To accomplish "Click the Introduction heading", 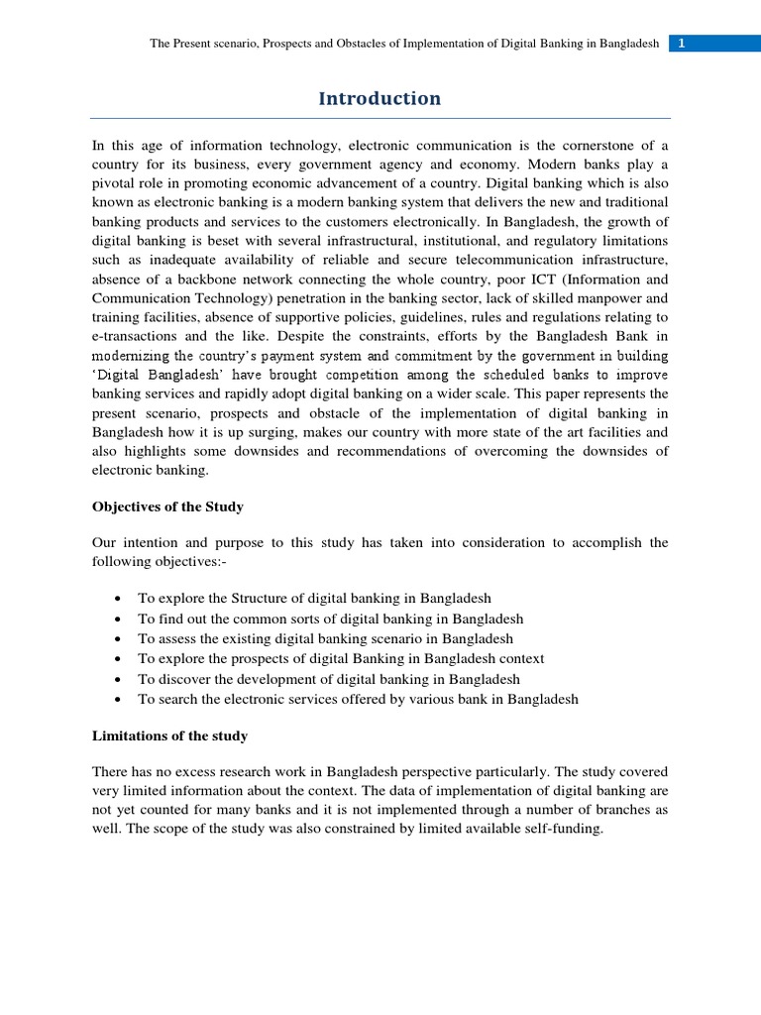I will [380, 98].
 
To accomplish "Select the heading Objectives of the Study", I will [167, 507].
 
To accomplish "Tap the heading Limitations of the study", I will [169, 735].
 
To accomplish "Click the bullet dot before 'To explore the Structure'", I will [118, 599].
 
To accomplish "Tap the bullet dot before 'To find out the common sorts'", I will [118, 619].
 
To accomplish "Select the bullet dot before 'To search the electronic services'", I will [118, 699].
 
